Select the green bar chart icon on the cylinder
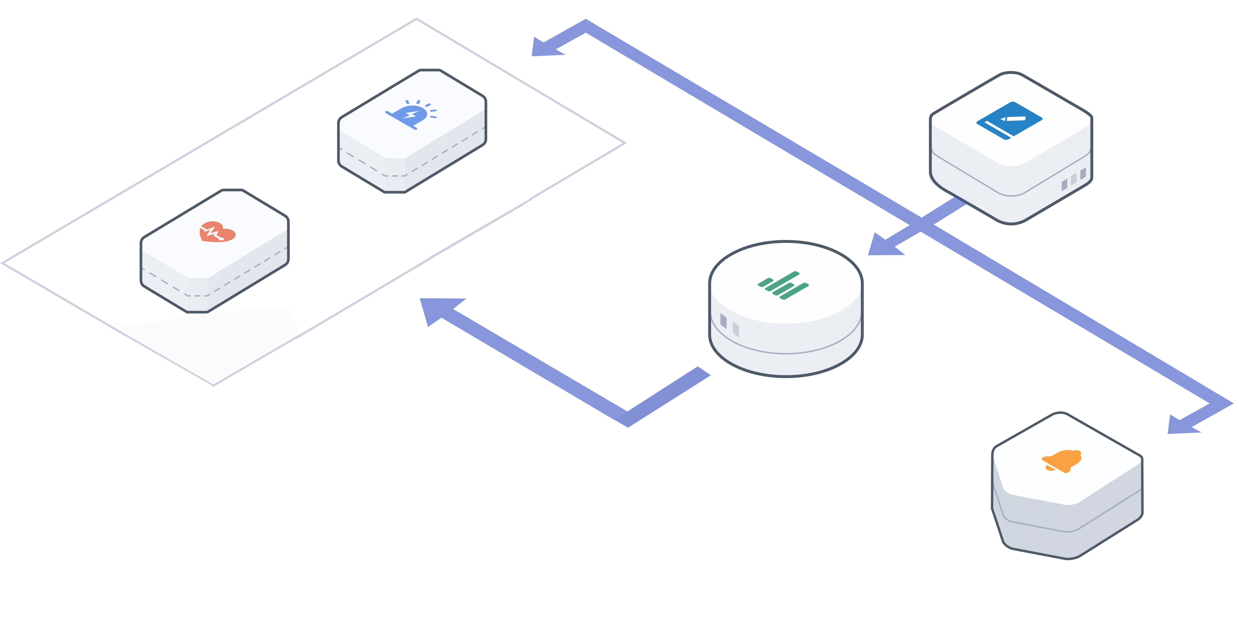tap(783, 285)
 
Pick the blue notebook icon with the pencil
tap(1009, 120)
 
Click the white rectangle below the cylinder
tap(823, 421)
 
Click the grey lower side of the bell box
tap(1068, 529)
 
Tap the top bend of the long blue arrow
tap(586, 26)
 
